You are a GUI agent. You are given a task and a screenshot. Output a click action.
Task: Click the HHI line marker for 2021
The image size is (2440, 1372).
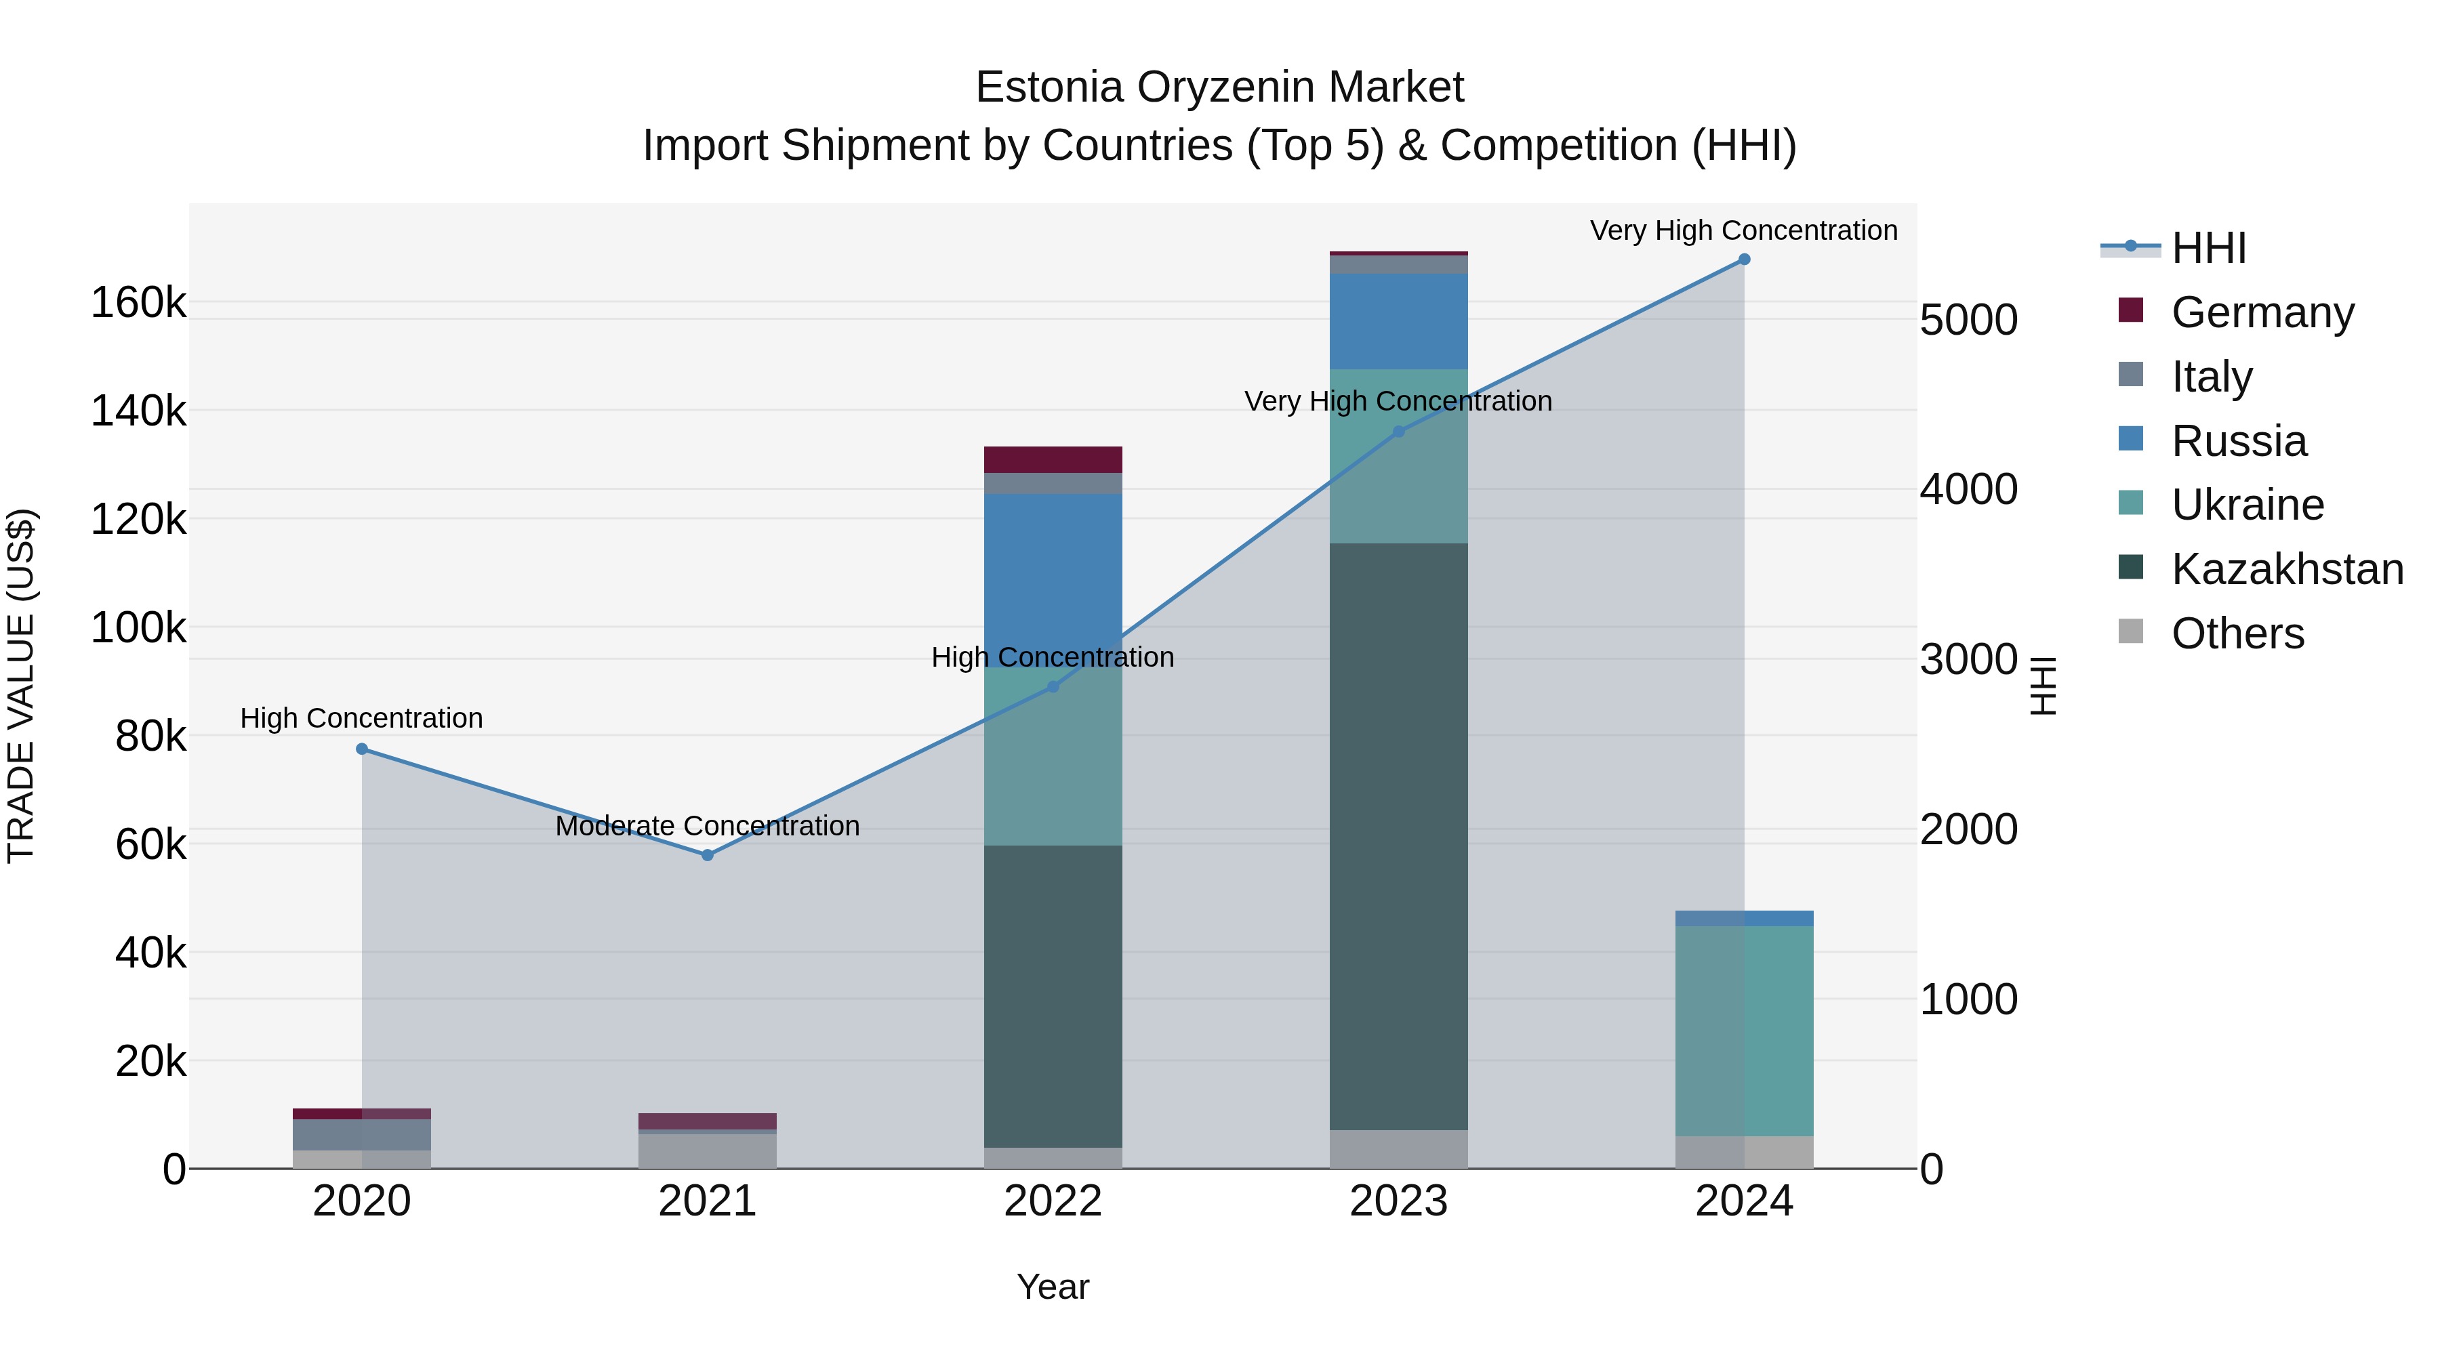click(707, 855)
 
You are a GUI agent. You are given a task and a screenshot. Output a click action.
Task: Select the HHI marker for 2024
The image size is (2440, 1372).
click(1744, 259)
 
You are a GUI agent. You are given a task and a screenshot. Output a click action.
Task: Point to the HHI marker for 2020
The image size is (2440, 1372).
click(362, 749)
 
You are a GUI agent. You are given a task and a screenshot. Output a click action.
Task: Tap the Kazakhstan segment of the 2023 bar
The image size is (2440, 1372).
click(1398, 833)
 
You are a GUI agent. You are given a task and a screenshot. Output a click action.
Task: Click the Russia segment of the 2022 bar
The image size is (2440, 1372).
click(1053, 577)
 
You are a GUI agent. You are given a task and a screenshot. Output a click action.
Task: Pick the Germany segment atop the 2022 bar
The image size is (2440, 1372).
click(1053, 459)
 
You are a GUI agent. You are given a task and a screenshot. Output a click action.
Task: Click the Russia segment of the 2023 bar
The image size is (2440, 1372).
click(1398, 321)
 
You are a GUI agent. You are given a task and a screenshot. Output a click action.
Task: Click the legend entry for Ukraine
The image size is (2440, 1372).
click(2247, 505)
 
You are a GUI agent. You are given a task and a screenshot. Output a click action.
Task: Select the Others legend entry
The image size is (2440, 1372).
click(2237, 633)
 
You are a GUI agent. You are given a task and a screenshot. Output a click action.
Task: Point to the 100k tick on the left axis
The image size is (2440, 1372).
click(138, 627)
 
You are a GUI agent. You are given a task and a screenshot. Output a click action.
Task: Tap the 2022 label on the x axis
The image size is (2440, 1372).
click(1053, 1201)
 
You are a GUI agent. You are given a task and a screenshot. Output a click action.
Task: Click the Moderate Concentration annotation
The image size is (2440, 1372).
click(707, 826)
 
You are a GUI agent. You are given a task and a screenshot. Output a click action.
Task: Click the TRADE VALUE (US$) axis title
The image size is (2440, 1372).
click(21, 686)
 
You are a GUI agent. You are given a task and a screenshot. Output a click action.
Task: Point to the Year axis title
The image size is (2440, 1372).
click(1053, 1287)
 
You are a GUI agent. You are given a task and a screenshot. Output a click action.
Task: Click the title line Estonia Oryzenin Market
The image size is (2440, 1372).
click(1219, 87)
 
